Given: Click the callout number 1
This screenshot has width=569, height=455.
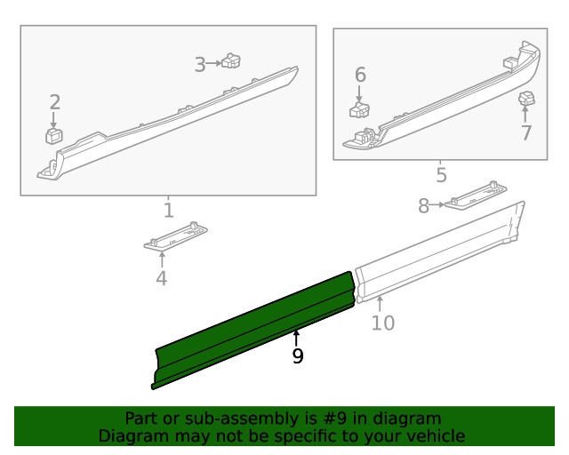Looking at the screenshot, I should click(x=168, y=211).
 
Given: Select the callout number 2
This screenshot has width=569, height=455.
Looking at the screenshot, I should click(x=54, y=101).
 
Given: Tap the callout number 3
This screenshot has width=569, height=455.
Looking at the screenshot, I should click(x=200, y=63).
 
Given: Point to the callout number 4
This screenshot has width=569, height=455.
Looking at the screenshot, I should click(x=161, y=278).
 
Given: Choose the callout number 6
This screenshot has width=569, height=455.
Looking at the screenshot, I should click(x=360, y=74).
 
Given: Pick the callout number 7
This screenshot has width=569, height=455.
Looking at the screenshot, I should click(x=525, y=132).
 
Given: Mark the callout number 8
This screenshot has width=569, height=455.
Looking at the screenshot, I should click(x=424, y=206).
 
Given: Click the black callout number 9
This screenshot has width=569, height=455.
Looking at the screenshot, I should click(x=297, y=356).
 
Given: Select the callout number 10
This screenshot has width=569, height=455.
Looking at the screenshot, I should click(x=382, y=323).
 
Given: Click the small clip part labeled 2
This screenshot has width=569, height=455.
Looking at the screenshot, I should click(x=53, y=135).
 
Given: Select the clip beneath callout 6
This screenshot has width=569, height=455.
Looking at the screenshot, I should click(x=360, y=110).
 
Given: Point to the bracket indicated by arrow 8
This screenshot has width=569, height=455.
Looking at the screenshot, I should click(x=475, y=196).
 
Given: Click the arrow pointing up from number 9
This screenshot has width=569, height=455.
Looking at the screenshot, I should click(x=297, y=338).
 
